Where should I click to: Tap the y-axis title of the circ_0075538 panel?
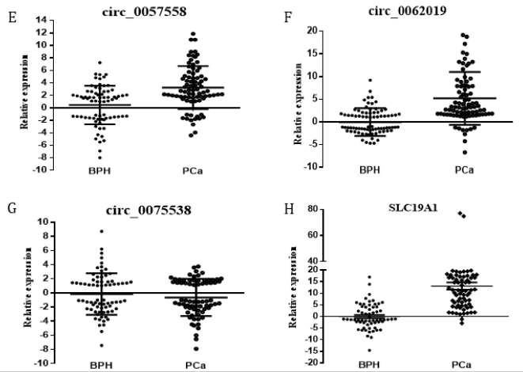point(14,292)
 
